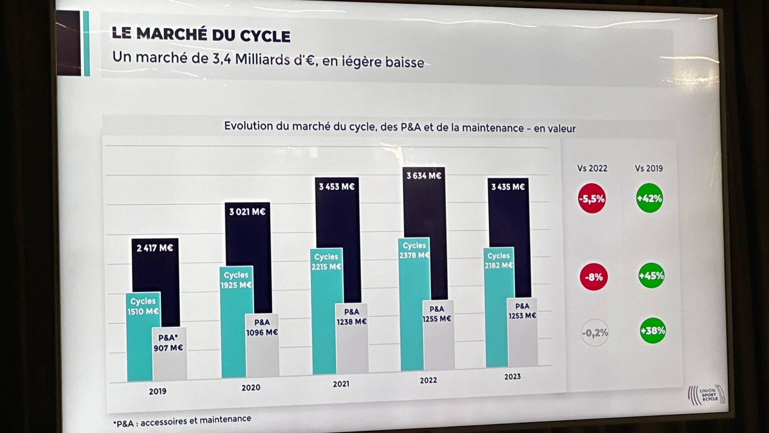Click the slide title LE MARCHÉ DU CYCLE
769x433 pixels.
[x=201, y=35]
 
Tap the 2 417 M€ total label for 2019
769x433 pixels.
[x=155, y=248]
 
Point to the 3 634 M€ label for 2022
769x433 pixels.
[x=424, y=176]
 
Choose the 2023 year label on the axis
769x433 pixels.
[x=512, y=377]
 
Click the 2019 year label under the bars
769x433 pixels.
[x=157, y=391]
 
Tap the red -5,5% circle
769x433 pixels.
[x=592, y=198]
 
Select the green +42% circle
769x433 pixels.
[x=649, y=198]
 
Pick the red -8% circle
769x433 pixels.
[x=594, y=277]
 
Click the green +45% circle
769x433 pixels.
[x=651, y=276]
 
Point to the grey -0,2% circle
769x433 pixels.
[x=595, y=333]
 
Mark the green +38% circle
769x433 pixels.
[x=653, y=331]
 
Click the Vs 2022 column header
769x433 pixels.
[x=592, y=168]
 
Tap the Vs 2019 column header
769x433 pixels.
[x=649, y=168]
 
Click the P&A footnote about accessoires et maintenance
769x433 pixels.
[x=182, y=421]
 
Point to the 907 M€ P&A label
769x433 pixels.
[x=168, y=348]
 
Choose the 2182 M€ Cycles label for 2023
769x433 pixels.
[x=499, y=265]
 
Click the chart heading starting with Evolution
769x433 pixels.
[x=400, y=127]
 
